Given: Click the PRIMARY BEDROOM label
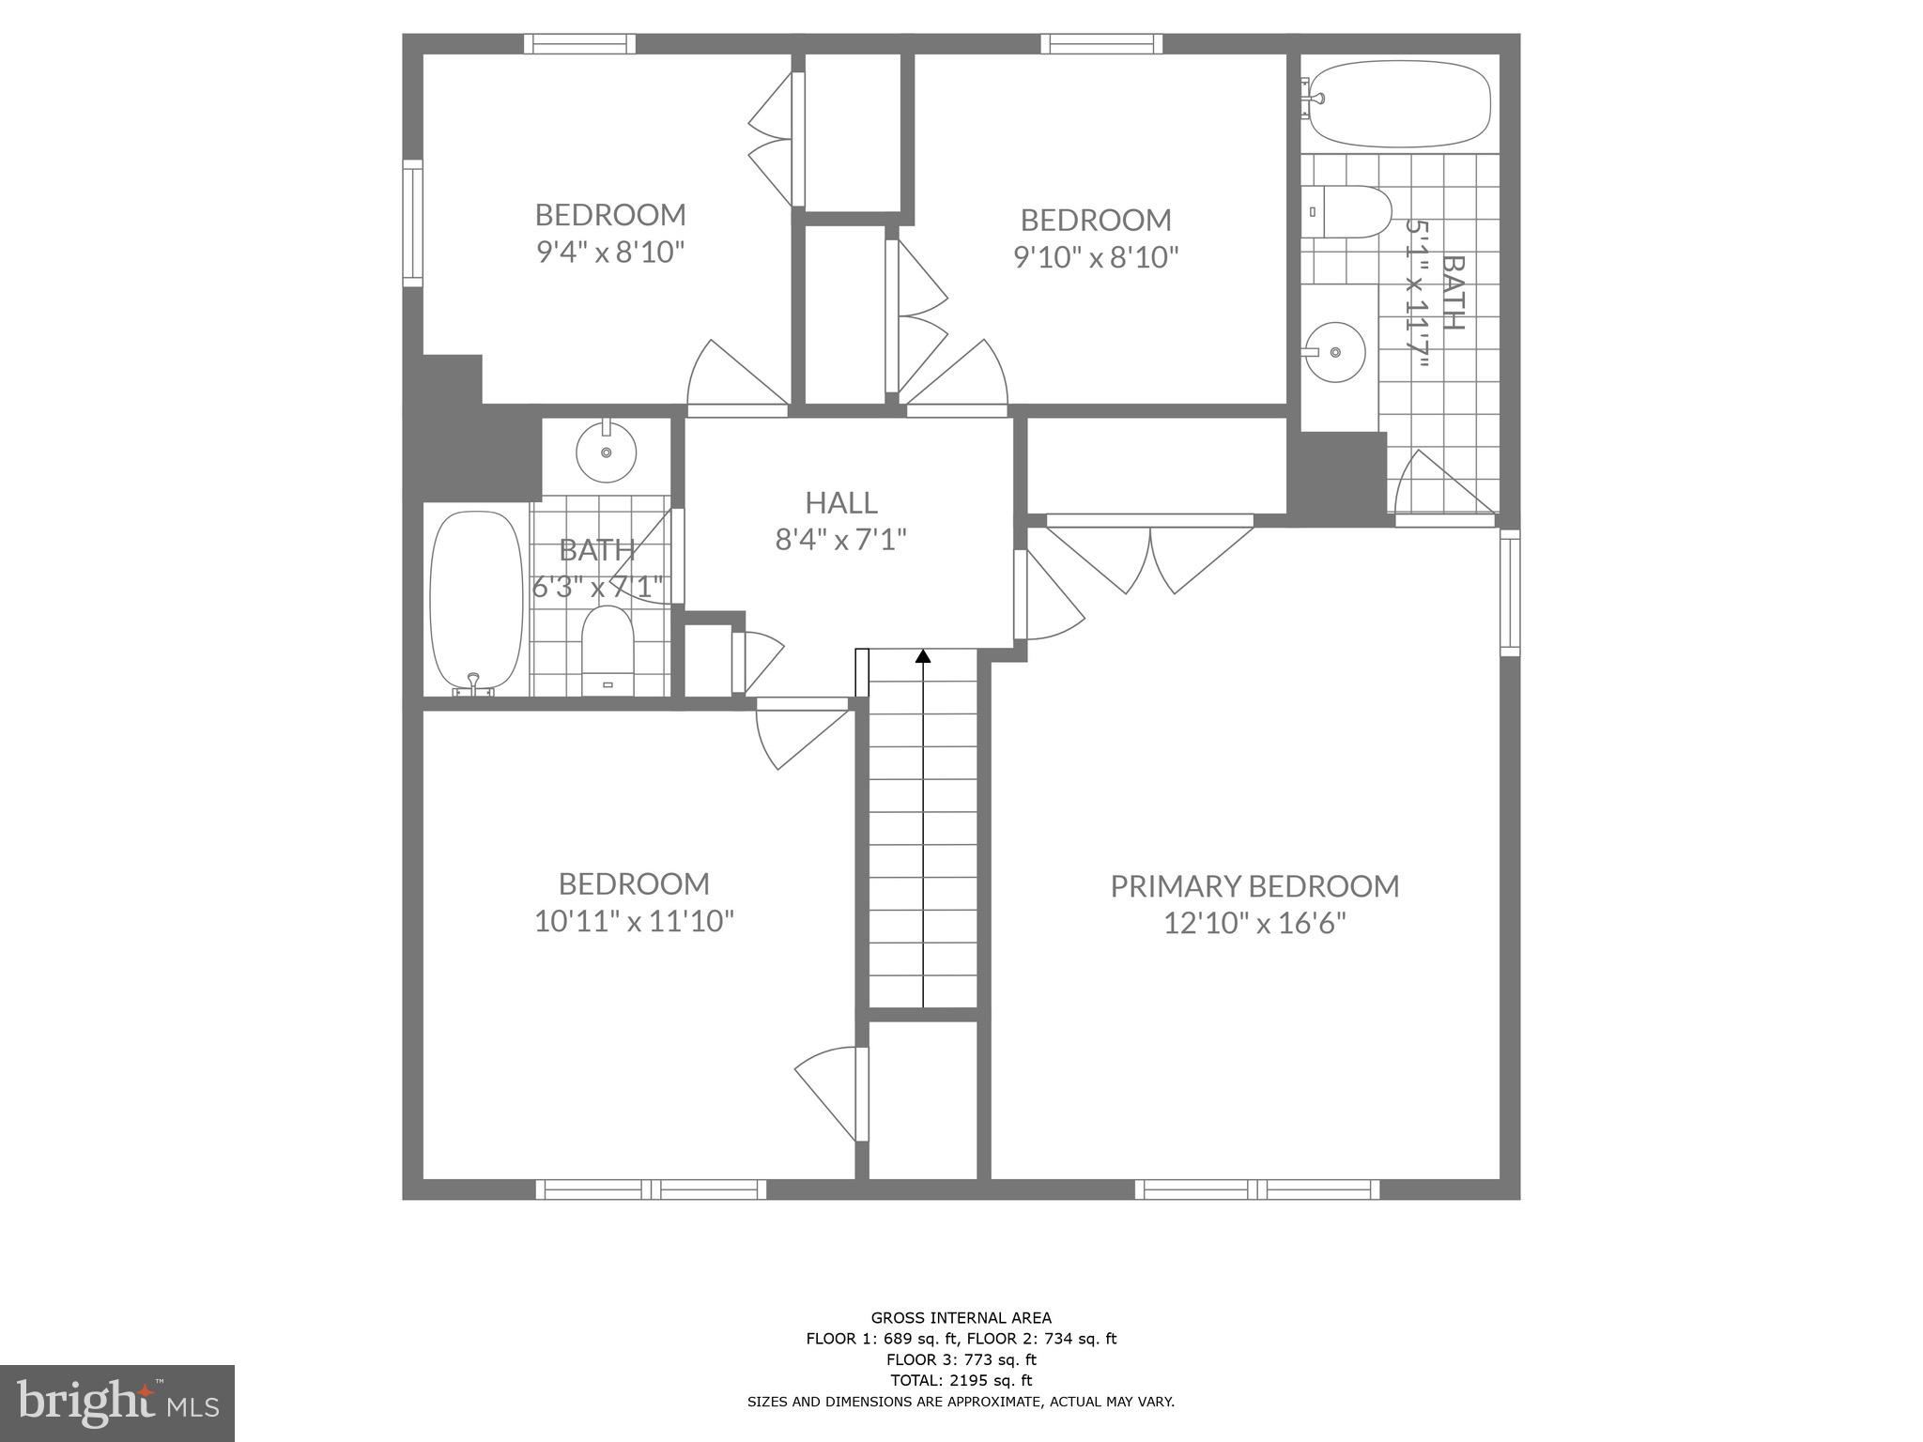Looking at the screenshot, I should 1254,886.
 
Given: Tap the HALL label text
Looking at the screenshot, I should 841,502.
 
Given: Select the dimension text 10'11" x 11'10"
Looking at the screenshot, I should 634,921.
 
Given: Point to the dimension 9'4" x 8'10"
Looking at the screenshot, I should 610,253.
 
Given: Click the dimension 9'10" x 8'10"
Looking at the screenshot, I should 1096,257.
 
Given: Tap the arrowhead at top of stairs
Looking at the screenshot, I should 923,656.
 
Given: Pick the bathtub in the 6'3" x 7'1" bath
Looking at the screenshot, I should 476,601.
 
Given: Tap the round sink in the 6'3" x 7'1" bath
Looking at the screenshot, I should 606,452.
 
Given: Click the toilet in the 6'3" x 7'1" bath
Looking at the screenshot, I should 608,650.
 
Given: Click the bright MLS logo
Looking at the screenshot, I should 117,1403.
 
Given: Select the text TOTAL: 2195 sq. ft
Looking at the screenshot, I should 961,1380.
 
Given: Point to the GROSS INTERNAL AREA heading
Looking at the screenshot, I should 961,1317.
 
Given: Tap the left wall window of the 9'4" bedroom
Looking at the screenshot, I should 412,222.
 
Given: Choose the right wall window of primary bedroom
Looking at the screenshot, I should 1509,591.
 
